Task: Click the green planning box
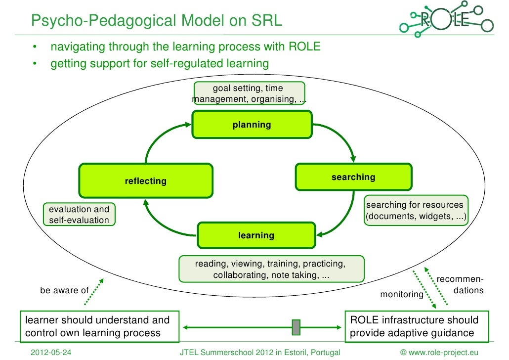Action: pos(252,125)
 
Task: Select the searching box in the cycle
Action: pos(353,177)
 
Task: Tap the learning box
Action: pos(256,235)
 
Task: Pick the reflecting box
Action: pos(146,181)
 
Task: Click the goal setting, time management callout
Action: pos(249,93)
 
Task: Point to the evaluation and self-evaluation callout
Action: pos(79,215)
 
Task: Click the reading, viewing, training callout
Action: pos(271,269)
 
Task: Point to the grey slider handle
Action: pos(296,327)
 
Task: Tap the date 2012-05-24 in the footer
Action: pos(51,352)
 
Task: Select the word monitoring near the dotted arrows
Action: pos(401,295)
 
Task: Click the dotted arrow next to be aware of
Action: pos(98,292)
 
